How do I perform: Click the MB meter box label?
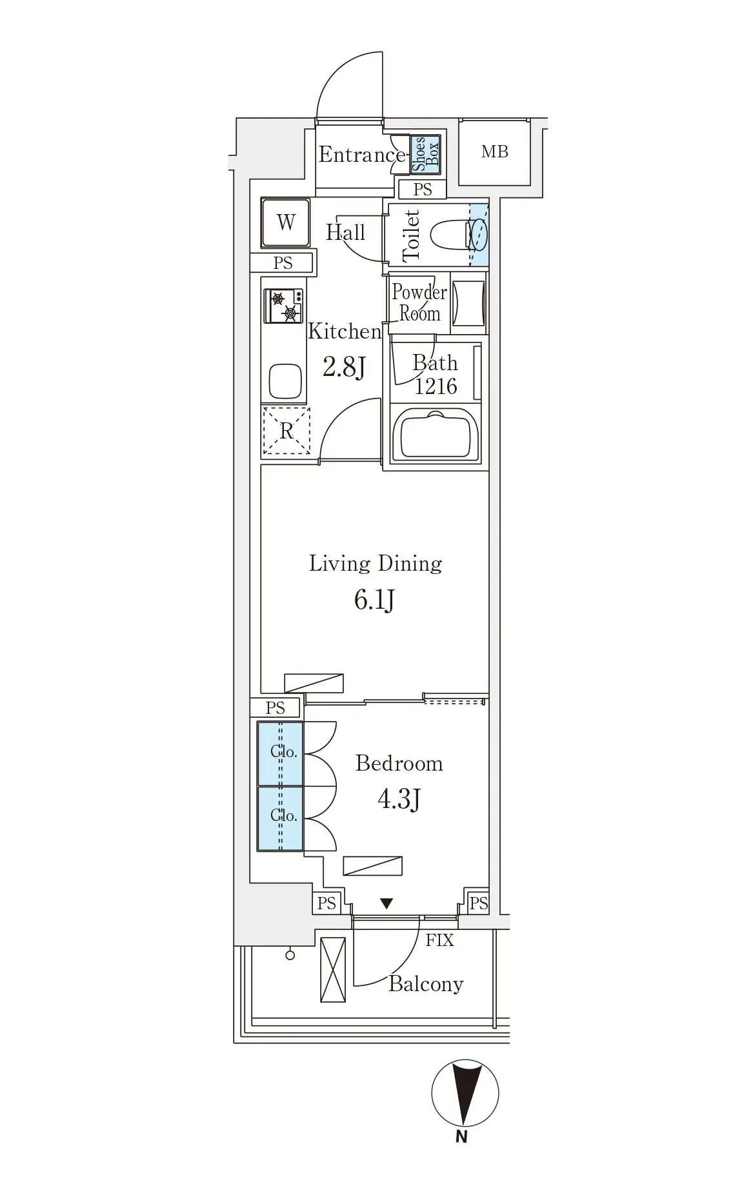495,152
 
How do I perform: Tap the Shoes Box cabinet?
426,155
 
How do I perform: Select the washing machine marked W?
286,222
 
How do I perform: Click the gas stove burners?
284,306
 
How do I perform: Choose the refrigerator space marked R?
286,431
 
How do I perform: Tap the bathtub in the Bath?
436,435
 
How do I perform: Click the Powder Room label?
419,302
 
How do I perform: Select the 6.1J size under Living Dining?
374,600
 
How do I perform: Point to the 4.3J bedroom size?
399,800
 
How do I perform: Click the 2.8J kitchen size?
344,367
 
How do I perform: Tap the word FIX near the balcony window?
439,940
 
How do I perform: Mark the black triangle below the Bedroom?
386,903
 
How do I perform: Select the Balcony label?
426,984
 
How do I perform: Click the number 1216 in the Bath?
436,386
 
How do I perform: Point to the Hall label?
345,232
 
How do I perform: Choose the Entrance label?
361,155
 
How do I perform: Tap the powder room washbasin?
468,304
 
